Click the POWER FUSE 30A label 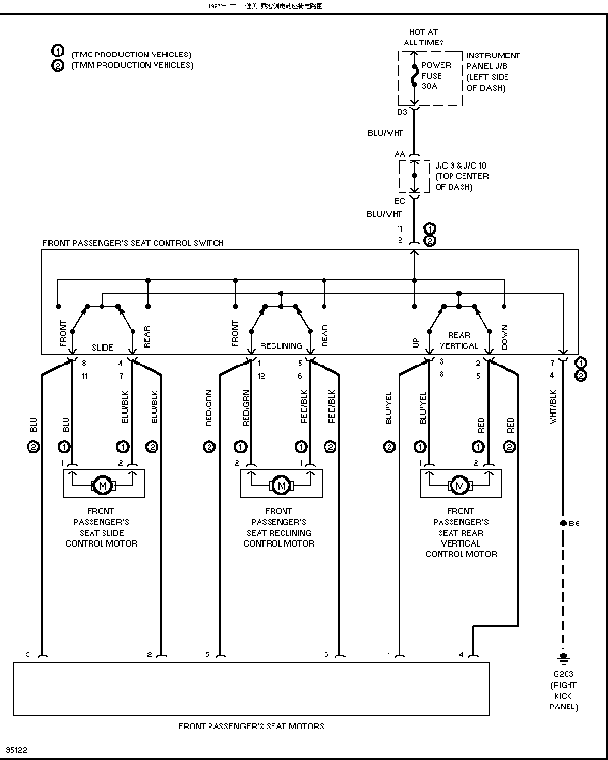coord(436,76)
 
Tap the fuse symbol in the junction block coord(415,76)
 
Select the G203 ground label coord(563,674)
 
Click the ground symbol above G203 coord(563,657)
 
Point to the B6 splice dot coord(563,523)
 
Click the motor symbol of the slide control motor coord(103,486)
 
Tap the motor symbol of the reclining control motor coord(281,486)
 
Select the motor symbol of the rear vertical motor coord(460,486)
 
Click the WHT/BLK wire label coord(553,407)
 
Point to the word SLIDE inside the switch coord(103,348)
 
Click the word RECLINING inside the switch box coord(281,346)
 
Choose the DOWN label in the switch coord(504,337)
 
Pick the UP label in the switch coord(416,342)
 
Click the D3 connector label coord(402,112)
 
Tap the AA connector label coord(400,154)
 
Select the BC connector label coord(400,201)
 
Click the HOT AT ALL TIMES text coord(423,37)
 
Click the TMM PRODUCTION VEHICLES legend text coord(132,65)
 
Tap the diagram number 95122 coord(17,750)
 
